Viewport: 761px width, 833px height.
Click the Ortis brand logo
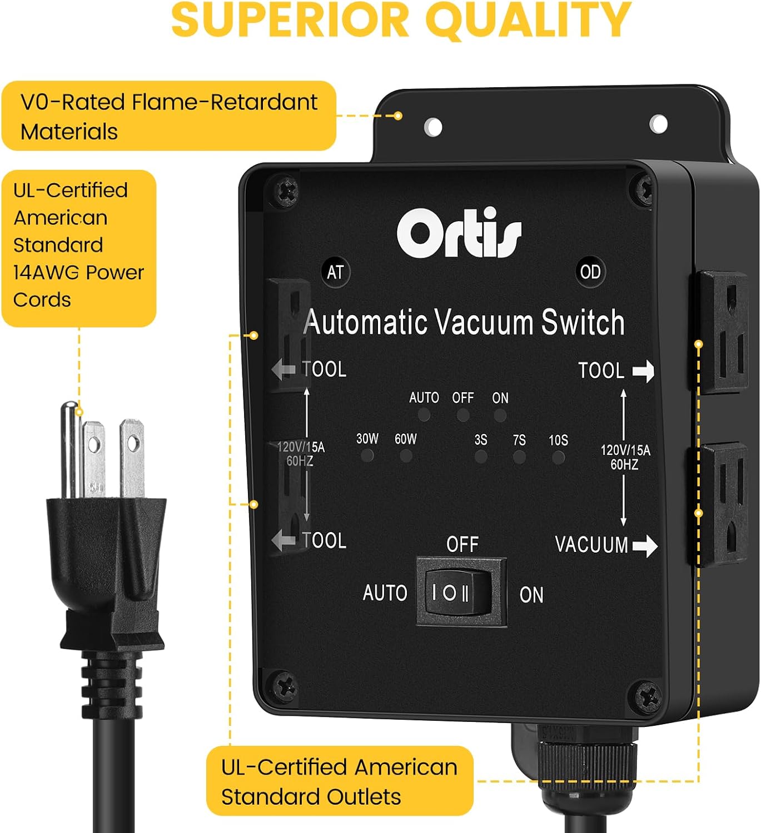click(x=459, y=234)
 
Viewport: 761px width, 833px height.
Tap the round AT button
click(x=335, y=272)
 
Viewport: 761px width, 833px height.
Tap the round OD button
click(x=590, y=272)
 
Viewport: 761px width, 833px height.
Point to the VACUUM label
click(x=591, y=545)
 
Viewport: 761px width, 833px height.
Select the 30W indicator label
click(x=367, y=439)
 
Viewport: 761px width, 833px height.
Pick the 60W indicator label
click(x=405, y=439)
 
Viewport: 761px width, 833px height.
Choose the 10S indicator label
click(x=558, y=440)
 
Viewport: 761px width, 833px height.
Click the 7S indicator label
click(x=519, y=440)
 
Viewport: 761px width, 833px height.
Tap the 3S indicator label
click(x=481, y=440)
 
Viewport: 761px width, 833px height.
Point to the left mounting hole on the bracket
click(x=433, y=127)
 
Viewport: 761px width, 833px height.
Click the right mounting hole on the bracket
click(x=659, y=123)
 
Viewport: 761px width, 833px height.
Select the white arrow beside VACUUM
click(x=645, y=545)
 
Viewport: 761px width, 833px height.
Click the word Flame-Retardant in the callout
click(x=225, y=102)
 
